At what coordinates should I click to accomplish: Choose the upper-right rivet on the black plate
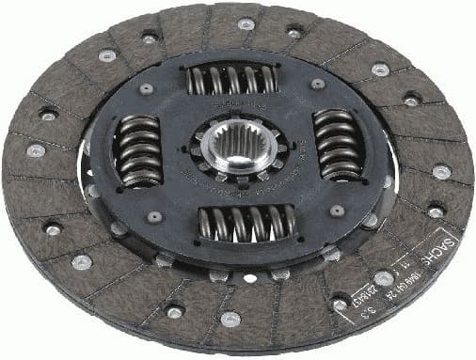(x=319, y=84)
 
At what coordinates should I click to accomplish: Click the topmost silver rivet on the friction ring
(x=246, y=23)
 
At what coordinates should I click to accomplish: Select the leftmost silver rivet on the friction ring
(x=36, y=149)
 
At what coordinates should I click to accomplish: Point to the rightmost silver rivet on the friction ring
(x=441, y=171)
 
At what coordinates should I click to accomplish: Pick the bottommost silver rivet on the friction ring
(x=230, y=319)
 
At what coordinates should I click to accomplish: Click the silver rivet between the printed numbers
(x=383, y=277)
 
